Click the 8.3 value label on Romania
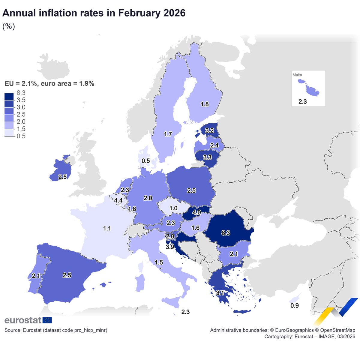pyautogui.click(x=226, y=233)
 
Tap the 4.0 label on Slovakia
pyautogui.click(x=196, y=212)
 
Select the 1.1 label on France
pyautogui.click(x=107, y=229)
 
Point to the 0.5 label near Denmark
pyautogui.click(x=146, y=161)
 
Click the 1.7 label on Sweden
pyautogui.click(x=168, y=134)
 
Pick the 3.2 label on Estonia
pyautogui.click(x=209, y=130)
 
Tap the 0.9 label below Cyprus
pyautogui.click(x=294, y=306)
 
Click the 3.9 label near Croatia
pyautogui.click(x=170, y=247)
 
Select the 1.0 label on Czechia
pyautogui.click(x=173, y=208)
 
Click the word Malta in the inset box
pyautogui.click(x=297, y=75)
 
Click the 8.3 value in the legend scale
pyautogui.click(x=21, y=93)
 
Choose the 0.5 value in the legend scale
pyautogui.click(x=21, y=136)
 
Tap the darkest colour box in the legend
pyautogui.click(x=9, y=96)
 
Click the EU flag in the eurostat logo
pyautogui.click(x=47, y=320)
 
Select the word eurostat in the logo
pyautogui.click(x=23, y=320)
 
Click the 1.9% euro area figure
pyautogui.click(x=87, y=84)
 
